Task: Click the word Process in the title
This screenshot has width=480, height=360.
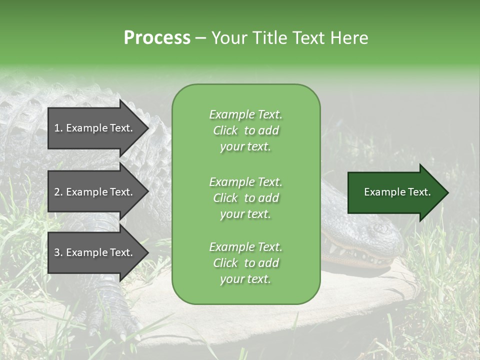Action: coord(157,38)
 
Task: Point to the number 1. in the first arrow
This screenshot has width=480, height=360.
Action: coord(58,128)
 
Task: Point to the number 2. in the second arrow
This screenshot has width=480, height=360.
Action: coord(58,192)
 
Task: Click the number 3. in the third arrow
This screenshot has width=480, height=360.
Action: coord(58,252)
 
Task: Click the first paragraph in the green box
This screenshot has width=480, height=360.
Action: coord(245,130)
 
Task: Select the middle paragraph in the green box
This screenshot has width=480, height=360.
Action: coord(245,198)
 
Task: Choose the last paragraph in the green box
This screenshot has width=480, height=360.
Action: coord(245,263)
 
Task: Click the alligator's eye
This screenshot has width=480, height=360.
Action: coord(376,228)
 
